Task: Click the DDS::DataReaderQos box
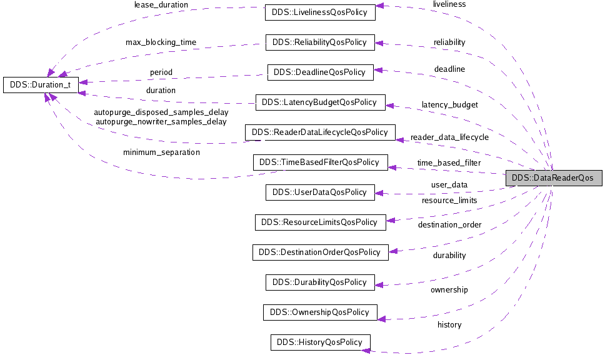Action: coord(553,177)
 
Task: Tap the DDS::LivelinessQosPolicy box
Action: coord(320,12)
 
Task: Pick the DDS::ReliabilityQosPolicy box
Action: coord(320,42)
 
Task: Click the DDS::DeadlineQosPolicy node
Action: coord(320,72)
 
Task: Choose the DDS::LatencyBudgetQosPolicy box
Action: coord(320,102)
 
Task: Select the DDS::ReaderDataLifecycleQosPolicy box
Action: coord(320,132)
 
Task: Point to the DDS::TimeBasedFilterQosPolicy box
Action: coord(320,162)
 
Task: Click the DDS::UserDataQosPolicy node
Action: coord(320,192)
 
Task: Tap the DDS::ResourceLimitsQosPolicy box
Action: coord(320,222)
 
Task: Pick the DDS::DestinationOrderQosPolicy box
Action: coord(320,252)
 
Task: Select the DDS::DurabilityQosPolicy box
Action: coord(320,282)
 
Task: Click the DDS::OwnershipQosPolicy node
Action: coord(320,312)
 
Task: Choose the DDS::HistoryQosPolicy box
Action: coord(320,342)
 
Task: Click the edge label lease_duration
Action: coord(161,5)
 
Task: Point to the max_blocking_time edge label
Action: coord(161,42)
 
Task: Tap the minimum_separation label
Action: coord(161,152)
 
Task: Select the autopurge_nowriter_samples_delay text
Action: coord(161,122)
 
